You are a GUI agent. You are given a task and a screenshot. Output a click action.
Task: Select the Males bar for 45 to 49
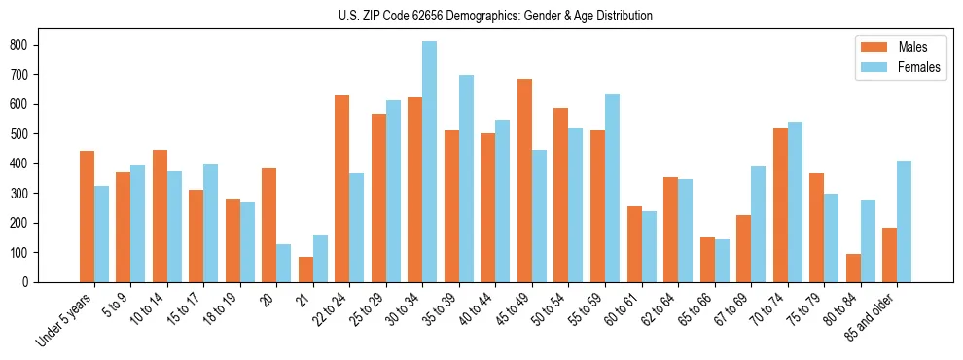pos(524,181)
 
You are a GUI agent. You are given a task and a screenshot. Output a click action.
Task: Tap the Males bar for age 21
pos(305,270)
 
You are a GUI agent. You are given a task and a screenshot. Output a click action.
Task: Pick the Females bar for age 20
pos(283,263)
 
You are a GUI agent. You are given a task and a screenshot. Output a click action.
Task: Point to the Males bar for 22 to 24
pos(341,189)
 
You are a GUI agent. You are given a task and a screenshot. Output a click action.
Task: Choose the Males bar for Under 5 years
pos(87,216)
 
